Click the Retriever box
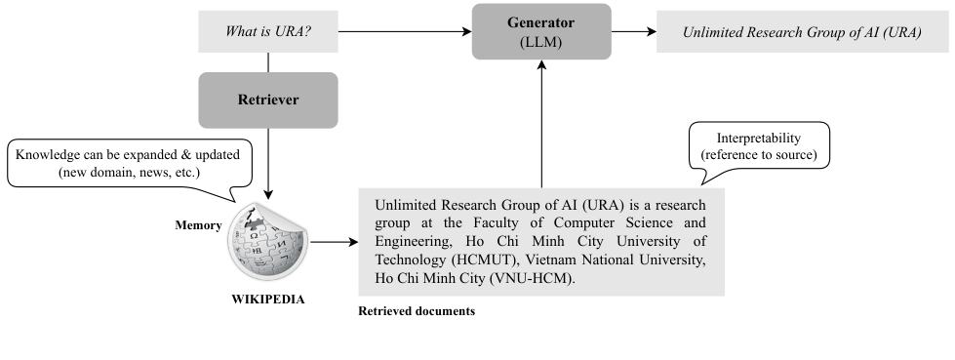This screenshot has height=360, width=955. [268, 100]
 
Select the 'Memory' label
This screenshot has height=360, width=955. [198, 223]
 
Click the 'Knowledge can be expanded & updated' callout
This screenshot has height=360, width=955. [129, 164]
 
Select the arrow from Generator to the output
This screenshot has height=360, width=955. [634, 32]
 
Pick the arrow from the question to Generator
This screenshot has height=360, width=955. [404, 32]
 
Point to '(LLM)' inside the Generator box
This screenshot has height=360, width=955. [541, 43]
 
